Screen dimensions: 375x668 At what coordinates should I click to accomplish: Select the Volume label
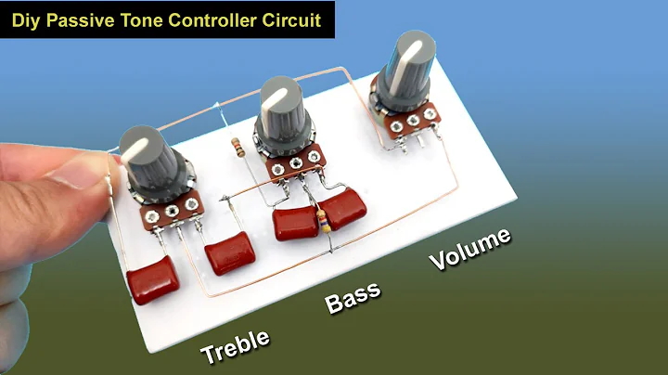(469, 249)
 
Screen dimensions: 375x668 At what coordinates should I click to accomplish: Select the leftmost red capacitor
(152, 282)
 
